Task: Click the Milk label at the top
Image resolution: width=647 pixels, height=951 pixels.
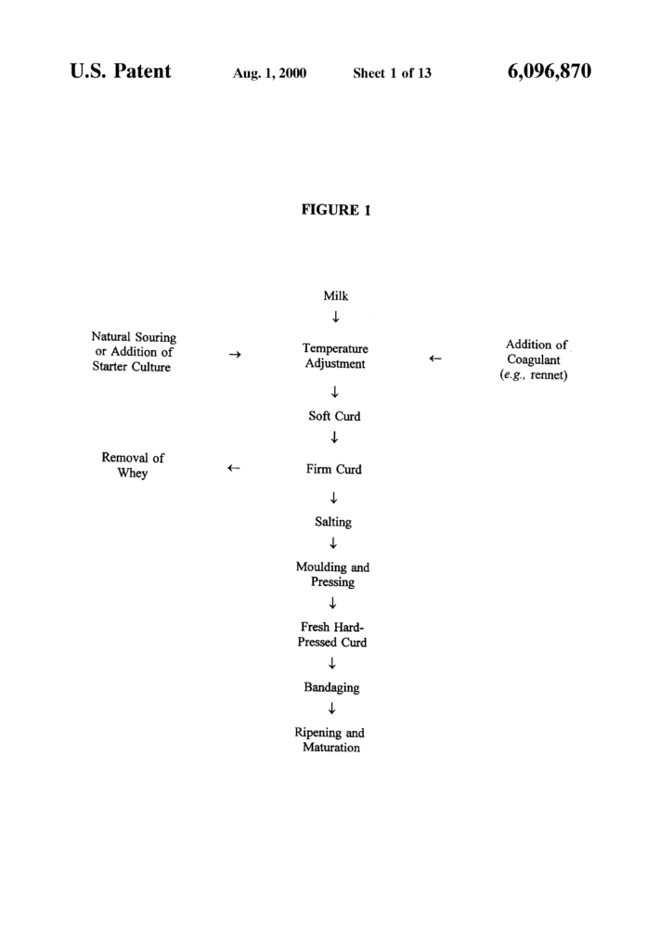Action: (335, 296)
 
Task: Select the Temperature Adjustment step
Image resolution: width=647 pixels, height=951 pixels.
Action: (335, 356)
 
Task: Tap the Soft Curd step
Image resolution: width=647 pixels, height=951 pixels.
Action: (334, 416)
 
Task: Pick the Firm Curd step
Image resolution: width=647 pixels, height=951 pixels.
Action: (333, 469)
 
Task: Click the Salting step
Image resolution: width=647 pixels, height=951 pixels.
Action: (333, 522)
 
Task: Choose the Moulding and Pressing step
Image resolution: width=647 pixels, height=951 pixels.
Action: (332, 574)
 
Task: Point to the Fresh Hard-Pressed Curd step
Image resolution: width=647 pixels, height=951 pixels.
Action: (331, 634)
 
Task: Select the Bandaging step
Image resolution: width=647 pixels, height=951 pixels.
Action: (331, 688)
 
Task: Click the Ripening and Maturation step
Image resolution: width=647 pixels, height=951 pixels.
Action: (330, 740)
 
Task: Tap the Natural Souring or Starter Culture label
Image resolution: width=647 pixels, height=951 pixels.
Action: (134, 352)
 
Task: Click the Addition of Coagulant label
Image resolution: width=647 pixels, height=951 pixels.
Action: (534, 359)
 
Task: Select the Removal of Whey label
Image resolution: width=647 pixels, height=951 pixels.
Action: (133, 465)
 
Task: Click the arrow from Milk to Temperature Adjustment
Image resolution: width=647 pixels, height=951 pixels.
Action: (335, 318)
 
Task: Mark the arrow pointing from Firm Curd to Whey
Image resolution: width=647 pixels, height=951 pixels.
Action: (233, 468)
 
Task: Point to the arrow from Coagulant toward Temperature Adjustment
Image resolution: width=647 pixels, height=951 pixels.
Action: (434, 358)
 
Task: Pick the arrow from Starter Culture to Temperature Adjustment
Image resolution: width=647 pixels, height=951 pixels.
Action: (235, 354)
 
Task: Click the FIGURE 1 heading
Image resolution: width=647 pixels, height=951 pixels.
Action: (336, 211)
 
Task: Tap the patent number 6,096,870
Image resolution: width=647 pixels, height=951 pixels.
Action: (550, 72)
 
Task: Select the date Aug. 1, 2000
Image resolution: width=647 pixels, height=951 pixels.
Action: (270, 73)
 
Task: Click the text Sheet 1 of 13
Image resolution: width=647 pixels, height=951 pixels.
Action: (393, 73)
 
